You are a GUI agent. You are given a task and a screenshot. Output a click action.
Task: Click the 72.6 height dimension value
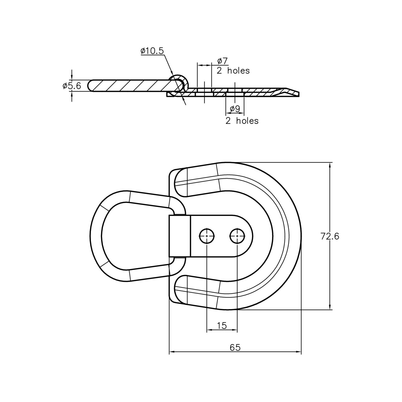tap(330, 236)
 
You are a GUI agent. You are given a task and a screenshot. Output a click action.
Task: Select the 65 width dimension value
tap(235, 347)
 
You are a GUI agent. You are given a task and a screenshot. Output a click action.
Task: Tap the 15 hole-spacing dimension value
tap(222, 326)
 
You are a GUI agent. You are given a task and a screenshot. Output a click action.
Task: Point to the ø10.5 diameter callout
tap(152, 51)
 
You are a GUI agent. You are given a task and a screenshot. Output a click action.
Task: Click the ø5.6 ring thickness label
tap(72, 86)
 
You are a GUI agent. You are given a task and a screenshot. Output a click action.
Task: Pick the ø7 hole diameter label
tap(222, 61)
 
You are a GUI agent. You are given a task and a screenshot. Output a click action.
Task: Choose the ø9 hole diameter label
tap(235, 109)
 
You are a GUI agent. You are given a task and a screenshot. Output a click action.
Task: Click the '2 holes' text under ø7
tap(233, 71)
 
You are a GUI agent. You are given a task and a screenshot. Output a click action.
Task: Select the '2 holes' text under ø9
tap(242, 121)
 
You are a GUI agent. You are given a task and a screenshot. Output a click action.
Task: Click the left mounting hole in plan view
tap(207, 236)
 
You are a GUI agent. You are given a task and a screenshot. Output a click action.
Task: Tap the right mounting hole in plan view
tap(237, 236)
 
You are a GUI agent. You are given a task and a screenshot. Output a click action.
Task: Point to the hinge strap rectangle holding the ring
tap(180, 236)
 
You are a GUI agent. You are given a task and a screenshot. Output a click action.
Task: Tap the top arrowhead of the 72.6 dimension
tap(330, 165)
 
